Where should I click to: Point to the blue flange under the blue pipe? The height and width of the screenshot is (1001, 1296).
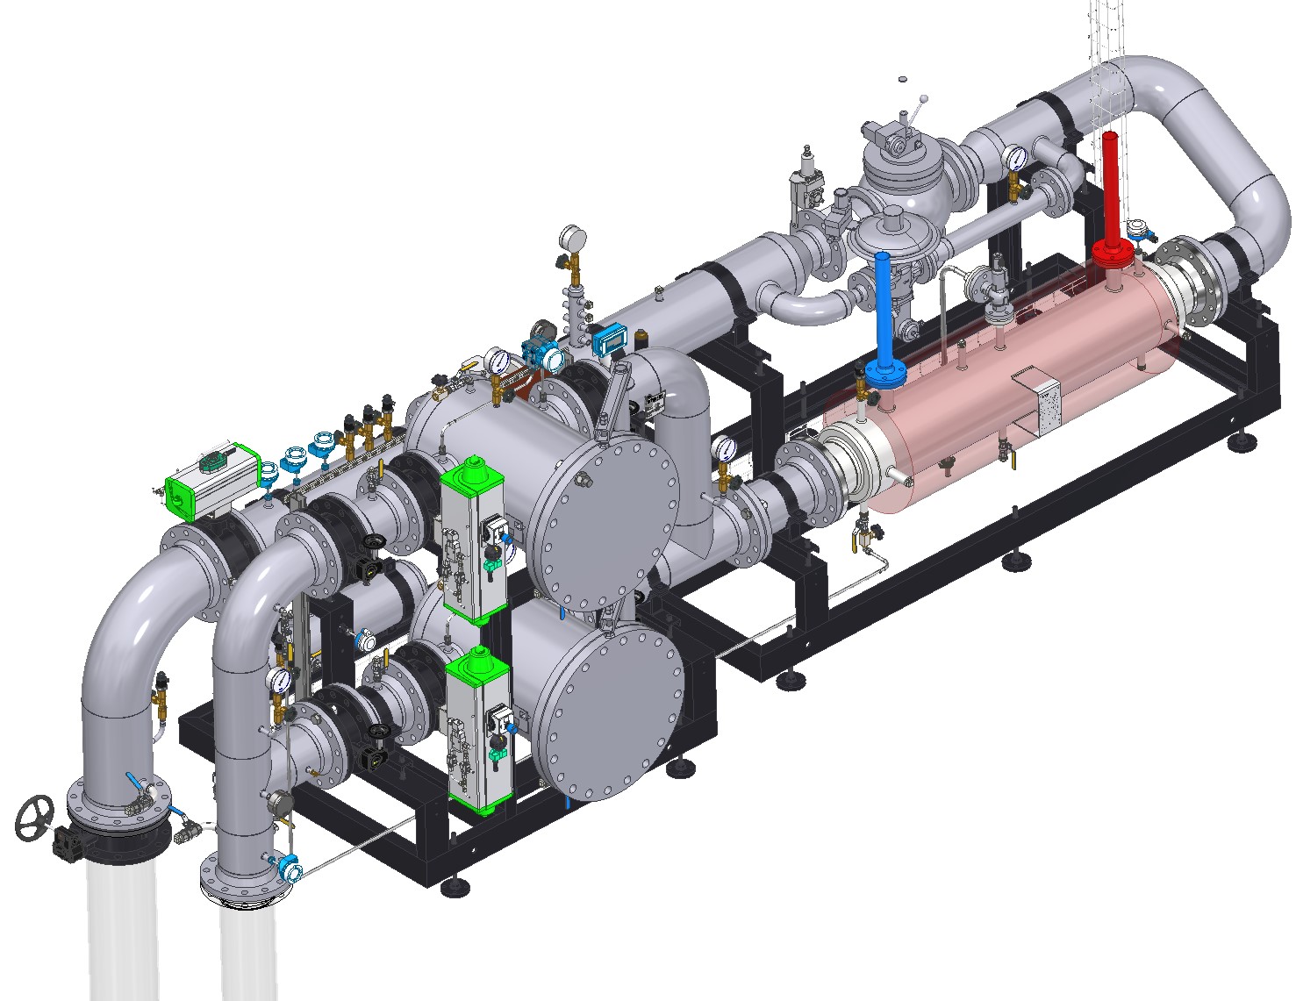coord(886,374)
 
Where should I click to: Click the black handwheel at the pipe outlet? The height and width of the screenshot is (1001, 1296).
coord(35,817)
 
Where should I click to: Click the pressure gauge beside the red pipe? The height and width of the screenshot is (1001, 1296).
coord(1016,158)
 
